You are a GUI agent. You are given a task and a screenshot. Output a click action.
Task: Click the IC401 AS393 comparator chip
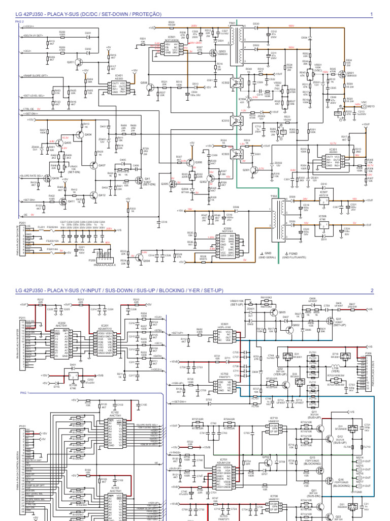(119, 87)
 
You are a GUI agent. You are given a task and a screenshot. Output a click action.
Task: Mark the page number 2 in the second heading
(372, 291)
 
